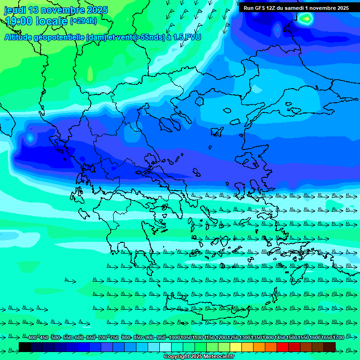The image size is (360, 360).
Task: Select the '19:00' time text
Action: (18, 21)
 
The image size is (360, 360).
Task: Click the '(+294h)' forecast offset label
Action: (83, 21)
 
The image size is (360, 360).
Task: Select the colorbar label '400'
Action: (32, 338)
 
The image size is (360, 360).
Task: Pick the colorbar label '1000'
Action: (174, 338)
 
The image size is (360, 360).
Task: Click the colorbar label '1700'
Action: (338, 338)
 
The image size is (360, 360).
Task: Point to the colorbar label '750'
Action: (114, 338)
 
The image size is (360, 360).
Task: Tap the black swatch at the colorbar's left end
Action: (25, 347)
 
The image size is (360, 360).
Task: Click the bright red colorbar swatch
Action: (283, 347)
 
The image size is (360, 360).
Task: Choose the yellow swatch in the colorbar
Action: (236, 347)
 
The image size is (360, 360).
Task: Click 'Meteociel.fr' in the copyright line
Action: (217, 357)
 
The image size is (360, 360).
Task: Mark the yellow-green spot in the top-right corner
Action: (306, 19)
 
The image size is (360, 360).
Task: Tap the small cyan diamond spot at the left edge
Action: (30, 138)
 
